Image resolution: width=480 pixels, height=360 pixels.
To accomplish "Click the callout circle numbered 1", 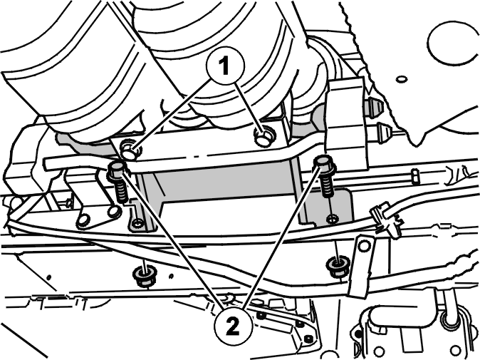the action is [226, 66].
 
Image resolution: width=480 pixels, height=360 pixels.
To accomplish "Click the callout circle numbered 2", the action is [234, 326].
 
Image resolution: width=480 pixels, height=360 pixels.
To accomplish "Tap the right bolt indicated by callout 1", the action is [264, 135].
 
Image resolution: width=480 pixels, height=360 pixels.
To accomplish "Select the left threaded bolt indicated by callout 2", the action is [118, 182].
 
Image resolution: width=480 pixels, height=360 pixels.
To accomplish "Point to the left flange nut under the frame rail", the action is [144, 276].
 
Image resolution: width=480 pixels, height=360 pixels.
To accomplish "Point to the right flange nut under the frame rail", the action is [338, 266].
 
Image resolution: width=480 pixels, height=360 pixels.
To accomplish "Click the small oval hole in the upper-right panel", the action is [402, 79].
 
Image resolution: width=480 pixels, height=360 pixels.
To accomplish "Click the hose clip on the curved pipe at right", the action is [386, 220].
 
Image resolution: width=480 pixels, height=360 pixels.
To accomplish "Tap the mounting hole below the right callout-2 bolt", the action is [332, 219].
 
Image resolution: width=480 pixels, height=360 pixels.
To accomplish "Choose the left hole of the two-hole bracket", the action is [84, 220].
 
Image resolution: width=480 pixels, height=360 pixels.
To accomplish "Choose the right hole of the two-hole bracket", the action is [114, 210].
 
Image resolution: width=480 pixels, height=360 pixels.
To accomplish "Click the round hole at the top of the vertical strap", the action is [365, 245].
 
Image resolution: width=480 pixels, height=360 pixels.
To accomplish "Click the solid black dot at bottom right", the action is [358, 333].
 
